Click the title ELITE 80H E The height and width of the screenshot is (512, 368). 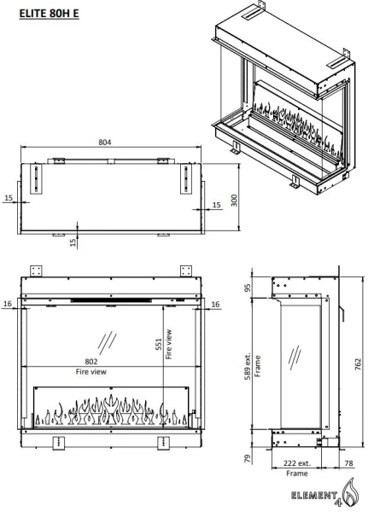coord(49,14)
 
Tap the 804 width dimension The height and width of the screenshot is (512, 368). coord(105,143)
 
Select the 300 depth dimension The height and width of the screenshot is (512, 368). coord(234,201)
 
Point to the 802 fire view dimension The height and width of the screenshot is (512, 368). coord(91,362)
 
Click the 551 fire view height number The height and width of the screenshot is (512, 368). coord(159,344)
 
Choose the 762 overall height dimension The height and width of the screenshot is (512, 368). coord(358,364)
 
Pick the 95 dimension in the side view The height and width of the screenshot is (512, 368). coord(248,288)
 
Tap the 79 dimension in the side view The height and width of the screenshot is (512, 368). coord(248,458)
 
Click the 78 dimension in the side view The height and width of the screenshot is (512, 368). coord(348,463)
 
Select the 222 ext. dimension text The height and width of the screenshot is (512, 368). coord(297,463)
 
